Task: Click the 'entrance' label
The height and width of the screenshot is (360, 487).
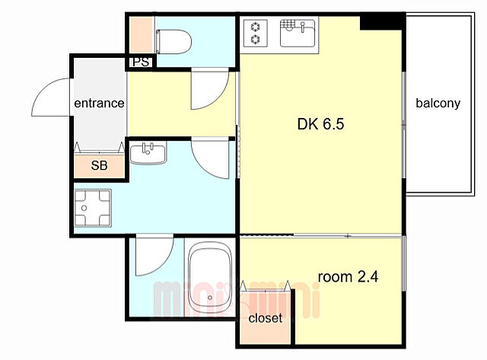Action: click(x=99, y=103)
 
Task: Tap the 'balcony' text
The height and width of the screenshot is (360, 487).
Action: click(x=438, y=103)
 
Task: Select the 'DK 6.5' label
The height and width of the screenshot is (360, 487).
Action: click(x=320, y=124)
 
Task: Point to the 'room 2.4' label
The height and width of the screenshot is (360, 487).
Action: click(x=348, y=276)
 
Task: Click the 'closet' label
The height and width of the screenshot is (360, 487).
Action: click(x=266, y=317)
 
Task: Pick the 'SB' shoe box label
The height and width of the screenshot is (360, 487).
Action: click(x=100, y=165)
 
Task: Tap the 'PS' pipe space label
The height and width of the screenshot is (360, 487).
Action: click(x=141, y=62)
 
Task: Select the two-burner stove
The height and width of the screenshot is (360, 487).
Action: click(x=256, y=33)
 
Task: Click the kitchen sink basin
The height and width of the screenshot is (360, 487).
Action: click(x=298, y=33)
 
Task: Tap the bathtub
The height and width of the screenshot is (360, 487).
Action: click(x=210, y=277)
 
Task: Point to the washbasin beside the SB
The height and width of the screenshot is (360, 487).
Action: click(x=148, y=152)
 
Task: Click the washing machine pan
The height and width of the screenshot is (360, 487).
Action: click(x=93, y=208)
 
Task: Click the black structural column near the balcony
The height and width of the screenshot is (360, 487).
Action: click(x=383, y=22)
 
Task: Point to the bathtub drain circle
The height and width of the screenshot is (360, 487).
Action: click(x=210, y=298)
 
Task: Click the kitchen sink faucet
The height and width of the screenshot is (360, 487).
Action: click(x=302, y=27)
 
